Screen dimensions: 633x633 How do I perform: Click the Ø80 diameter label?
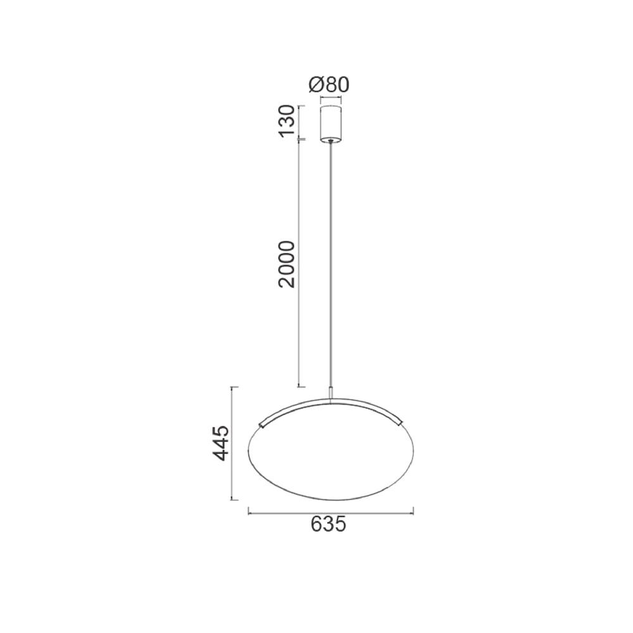pyautogui.click(x=329, y=85)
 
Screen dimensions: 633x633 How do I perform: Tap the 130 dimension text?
pyautogui.click(x=287, y=121)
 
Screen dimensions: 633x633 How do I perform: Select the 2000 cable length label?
pyautogui.click(x=287, y=265)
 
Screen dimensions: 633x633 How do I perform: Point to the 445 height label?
pyautogui.click(x=221, y=443)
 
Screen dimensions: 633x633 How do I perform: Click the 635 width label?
pyautogui.click(x=329, y=524)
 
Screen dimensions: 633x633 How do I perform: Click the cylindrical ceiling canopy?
pyautogui.click(x=330, y=124)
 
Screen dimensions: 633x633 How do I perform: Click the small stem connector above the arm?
pyautogui.click(x=331, y=393)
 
